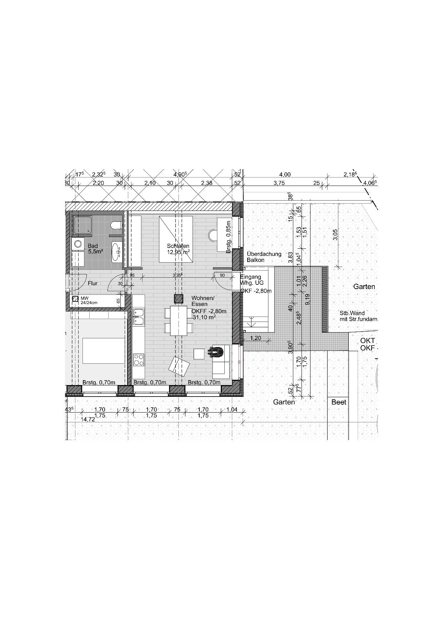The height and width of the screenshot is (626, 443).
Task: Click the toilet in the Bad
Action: point(116,225)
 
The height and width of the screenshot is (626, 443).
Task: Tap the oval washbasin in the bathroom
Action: point(116,252)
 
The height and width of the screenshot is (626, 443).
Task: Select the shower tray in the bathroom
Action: point(82,225)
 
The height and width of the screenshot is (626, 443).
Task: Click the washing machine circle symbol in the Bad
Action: point(78,244)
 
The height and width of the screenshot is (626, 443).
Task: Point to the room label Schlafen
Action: point(178,246)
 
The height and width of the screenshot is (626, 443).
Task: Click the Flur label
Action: point(93,283)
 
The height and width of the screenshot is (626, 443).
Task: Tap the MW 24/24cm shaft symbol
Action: point(75,299)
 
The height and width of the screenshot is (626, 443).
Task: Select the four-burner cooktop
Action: point(138,359)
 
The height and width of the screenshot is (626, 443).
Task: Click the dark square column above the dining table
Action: point(179,299)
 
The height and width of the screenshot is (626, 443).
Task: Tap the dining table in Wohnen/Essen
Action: point(179,320)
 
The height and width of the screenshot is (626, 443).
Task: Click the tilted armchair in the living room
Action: point(179,367)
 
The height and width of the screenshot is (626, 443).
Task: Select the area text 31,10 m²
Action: point(204,317)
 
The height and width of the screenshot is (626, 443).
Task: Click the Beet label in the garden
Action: point(339,402)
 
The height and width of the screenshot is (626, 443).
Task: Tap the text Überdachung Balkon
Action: point(264,257)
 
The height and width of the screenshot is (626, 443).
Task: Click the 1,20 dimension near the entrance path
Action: point(255,338)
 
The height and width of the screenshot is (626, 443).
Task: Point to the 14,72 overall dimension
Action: point(88,419)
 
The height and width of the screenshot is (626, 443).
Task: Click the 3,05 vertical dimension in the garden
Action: point(335,234)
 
